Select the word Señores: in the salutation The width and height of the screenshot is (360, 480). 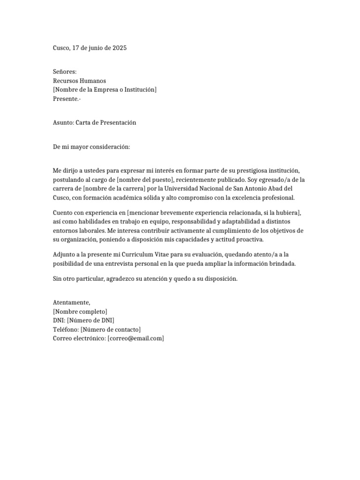click(65, 72)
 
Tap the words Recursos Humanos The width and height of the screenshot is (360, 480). click(79, 81)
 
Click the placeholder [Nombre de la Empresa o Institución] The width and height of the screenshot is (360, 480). click(105, 90)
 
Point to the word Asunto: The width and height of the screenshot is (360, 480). click(63, 122)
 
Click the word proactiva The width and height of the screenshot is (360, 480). click(248, 240)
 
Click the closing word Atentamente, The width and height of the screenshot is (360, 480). click(71, 303)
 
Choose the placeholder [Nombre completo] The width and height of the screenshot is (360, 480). click(80, 312)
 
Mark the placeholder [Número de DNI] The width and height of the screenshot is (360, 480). click(90, 321)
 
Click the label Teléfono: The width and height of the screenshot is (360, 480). click(66, 330)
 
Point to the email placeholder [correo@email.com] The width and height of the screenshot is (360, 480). click(135, 338)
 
